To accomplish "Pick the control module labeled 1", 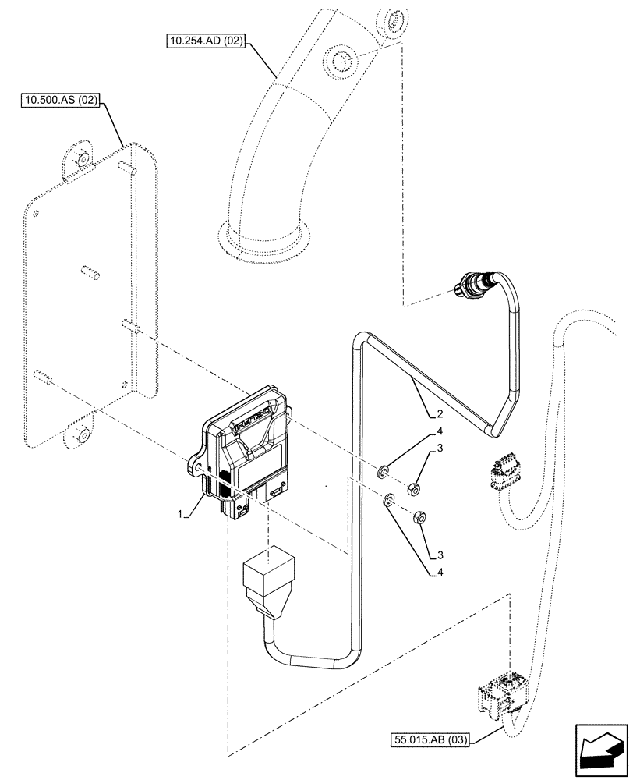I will (246, 452).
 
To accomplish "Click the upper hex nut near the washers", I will (415, 489).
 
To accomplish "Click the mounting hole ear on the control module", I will (198, 466).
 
